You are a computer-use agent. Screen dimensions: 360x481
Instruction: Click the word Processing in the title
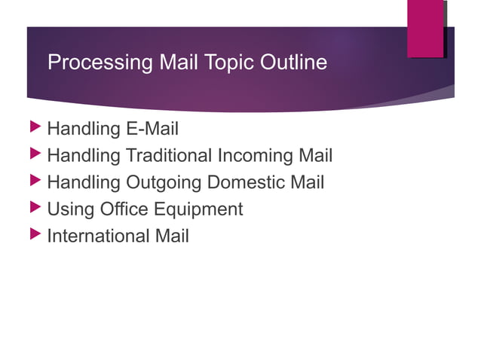[x=101, y=63]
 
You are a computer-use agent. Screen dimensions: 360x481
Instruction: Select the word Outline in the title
[x=293, y=63]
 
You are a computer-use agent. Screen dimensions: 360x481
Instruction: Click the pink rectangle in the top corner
[x=425, y=29]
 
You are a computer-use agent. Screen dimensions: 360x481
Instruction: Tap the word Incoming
[x=256, y=156]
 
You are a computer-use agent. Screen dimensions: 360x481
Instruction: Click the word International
[x=98, y=236]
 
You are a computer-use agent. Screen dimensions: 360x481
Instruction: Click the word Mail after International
[x=172, y=236]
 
